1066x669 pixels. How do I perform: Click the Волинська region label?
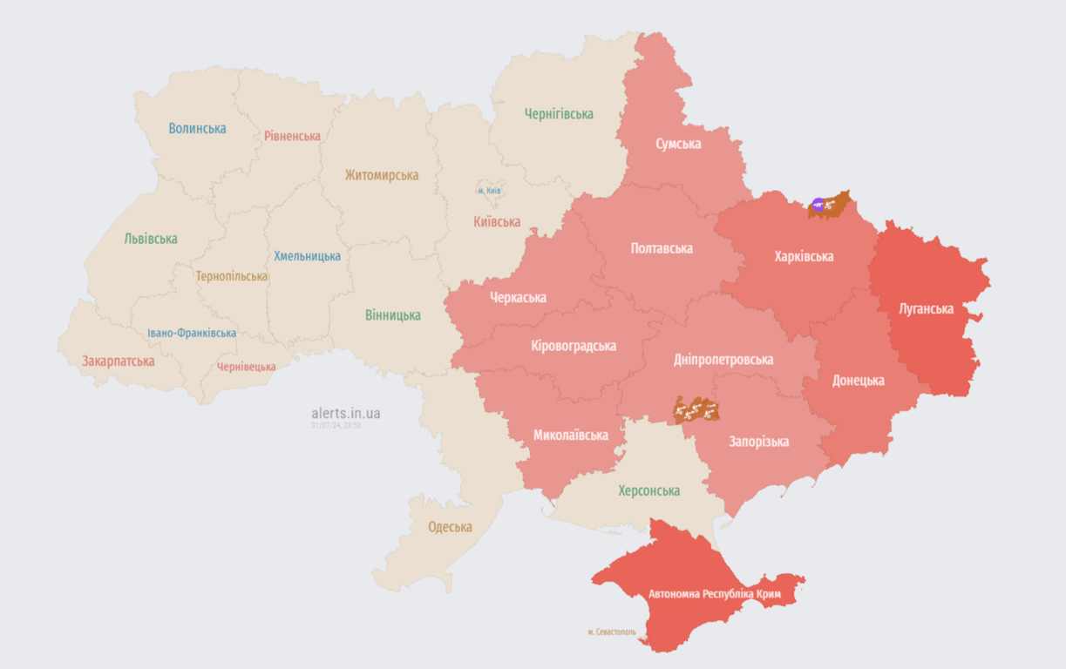tap(197, 129)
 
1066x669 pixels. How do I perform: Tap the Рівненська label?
tap(292, 136)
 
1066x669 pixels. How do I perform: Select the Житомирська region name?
tap(381, 175)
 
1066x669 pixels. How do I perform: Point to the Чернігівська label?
tap(559, 114)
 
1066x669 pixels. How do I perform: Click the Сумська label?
tap(678, 144)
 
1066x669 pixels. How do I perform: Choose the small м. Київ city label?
tap(489, 191)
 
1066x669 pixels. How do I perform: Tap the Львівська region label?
tap(151, 239)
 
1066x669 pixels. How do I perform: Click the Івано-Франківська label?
tap(192, 333)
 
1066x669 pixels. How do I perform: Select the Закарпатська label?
tap(119, 361)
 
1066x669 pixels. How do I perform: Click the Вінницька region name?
tap(393, 315)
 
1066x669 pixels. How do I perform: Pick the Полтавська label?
tap(662, 248)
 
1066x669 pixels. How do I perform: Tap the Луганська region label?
tap(927, 308)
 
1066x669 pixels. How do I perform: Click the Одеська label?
tap(450, 527)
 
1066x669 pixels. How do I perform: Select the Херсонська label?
tap(648, 490)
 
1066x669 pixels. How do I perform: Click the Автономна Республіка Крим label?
tap(715, 594)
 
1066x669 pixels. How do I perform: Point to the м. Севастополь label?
tap(611, 632)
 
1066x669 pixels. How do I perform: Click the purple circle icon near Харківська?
tap(818, 205)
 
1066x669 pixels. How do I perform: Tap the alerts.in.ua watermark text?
tap(345, 413)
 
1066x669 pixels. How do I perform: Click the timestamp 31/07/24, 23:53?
tap(336, 426)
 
